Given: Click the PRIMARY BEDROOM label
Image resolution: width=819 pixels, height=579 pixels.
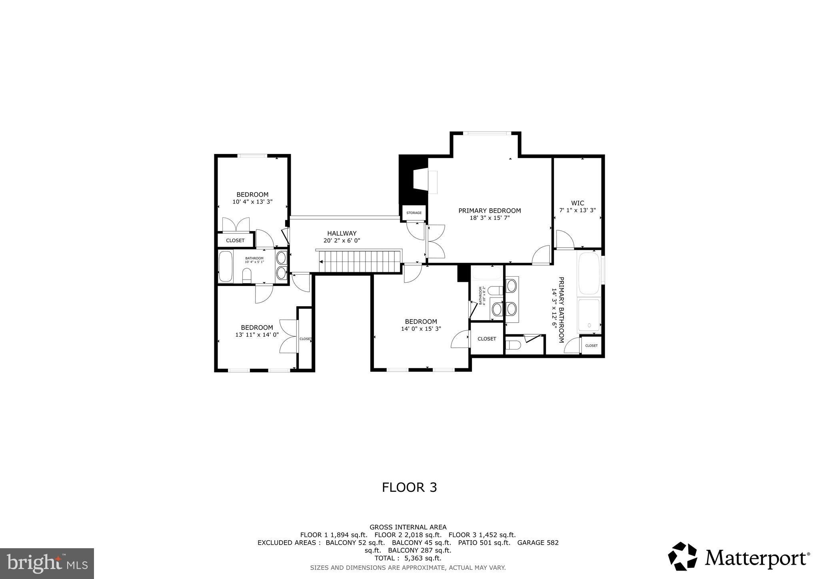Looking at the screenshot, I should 489,211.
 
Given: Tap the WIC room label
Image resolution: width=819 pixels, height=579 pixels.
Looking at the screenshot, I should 577,203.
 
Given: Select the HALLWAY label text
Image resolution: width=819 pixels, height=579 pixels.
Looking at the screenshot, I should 342,234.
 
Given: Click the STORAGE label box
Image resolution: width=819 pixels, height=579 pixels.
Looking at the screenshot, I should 414,213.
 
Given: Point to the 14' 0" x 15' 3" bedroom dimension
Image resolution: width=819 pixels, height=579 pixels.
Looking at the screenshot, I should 421,329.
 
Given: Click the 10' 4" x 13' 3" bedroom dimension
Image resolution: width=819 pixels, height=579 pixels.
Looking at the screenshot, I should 252,202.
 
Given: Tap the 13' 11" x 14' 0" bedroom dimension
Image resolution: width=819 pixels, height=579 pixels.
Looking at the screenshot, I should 257,335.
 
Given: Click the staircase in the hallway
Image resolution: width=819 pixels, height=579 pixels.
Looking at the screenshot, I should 359,261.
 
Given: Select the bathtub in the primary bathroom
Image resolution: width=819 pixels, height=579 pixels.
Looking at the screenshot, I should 589,274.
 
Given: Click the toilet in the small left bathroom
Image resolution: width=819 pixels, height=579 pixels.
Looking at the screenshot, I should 247,275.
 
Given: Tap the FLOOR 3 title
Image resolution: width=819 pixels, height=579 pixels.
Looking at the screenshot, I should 409,487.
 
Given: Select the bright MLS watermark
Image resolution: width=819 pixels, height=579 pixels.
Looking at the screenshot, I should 47,563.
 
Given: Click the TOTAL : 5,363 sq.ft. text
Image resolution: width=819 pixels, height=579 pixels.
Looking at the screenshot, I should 408,558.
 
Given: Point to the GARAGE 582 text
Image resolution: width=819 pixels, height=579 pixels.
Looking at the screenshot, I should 538,543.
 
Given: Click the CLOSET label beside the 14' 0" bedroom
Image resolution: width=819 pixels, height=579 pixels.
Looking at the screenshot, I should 487,339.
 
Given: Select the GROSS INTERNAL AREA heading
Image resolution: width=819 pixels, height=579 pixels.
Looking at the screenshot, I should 408,527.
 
